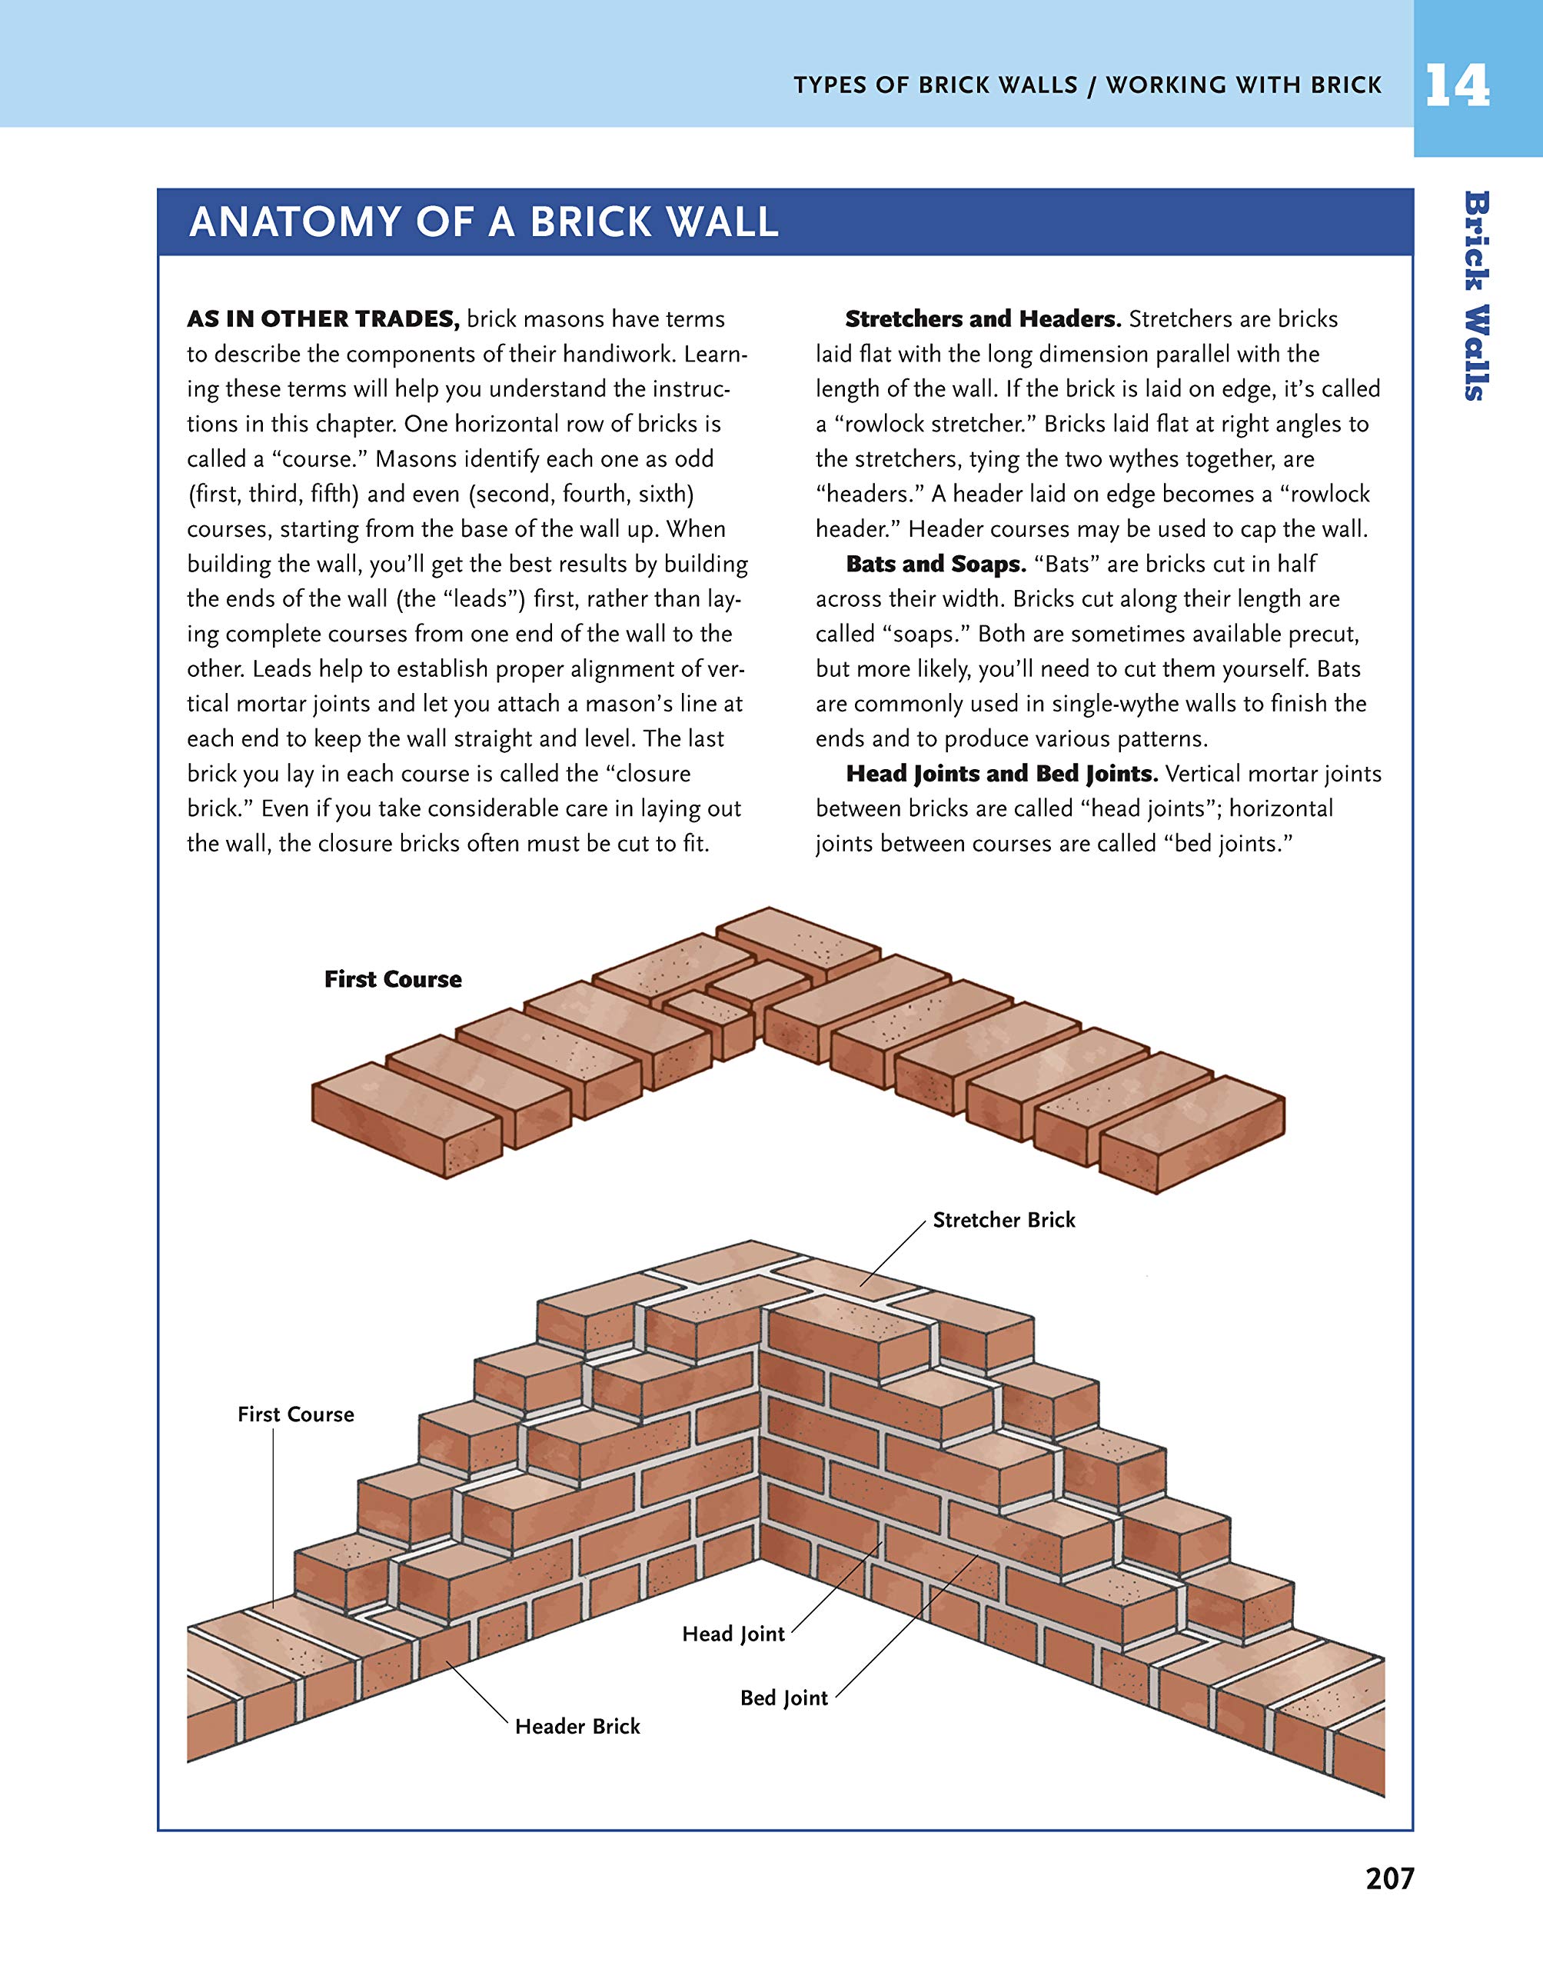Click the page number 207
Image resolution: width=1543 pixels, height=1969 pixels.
(1389, 1879)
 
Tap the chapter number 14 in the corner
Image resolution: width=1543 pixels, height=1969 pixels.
(1456, 87)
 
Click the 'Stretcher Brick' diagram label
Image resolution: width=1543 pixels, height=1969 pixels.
(1003, 1220)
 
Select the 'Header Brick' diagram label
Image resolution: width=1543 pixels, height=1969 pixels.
(577, 1726)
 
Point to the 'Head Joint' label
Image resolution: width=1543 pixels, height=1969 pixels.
(733, 1634)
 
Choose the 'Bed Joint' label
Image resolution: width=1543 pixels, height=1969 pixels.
(783, 1698)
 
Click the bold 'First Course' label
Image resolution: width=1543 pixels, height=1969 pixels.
(393, 980)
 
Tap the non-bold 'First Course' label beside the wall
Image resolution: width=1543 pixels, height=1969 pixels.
(295, 1414)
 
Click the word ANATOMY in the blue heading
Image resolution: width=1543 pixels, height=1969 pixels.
(294, 222)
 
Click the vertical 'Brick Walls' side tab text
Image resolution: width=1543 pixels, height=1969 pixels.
(1476, 295)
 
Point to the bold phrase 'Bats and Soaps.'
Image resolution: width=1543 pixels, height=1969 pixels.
(936, 564)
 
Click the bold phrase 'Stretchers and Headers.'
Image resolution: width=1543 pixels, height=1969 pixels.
(983, 319)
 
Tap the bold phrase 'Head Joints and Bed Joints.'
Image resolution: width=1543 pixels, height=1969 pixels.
(1002, 774)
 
